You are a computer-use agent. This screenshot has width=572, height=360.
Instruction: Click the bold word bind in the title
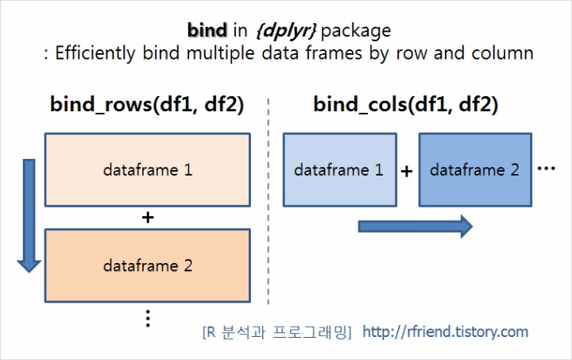207,30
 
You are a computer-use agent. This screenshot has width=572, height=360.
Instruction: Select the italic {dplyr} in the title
286,31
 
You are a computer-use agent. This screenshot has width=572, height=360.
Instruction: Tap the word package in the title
356,32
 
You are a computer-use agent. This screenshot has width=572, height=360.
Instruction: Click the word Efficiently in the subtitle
95,53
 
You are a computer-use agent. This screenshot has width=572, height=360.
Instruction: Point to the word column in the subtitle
502,53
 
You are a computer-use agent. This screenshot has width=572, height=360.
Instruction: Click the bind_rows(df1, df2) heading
147,104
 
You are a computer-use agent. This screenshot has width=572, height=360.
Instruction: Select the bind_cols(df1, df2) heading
406,104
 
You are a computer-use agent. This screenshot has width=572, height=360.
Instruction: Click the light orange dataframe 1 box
148,170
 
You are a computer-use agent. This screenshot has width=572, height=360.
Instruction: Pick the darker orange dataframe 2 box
148,265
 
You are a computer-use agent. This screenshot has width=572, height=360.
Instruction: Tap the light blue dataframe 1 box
340,170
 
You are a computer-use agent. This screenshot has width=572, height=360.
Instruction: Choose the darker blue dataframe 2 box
475,170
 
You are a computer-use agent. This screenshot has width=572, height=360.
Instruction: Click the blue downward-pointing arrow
29,215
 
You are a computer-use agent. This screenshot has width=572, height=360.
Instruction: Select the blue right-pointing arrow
415,226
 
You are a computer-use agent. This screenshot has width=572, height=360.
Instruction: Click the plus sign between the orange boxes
148,218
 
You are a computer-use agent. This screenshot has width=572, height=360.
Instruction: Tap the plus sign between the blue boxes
407,171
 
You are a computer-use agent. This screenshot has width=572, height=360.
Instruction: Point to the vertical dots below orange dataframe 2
148,319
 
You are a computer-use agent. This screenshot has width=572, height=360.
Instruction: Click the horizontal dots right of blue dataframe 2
547,168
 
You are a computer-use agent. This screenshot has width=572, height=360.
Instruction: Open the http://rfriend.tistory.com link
446,332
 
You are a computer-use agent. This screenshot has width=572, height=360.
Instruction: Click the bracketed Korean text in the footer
277,332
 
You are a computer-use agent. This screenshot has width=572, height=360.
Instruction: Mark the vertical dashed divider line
269,201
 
